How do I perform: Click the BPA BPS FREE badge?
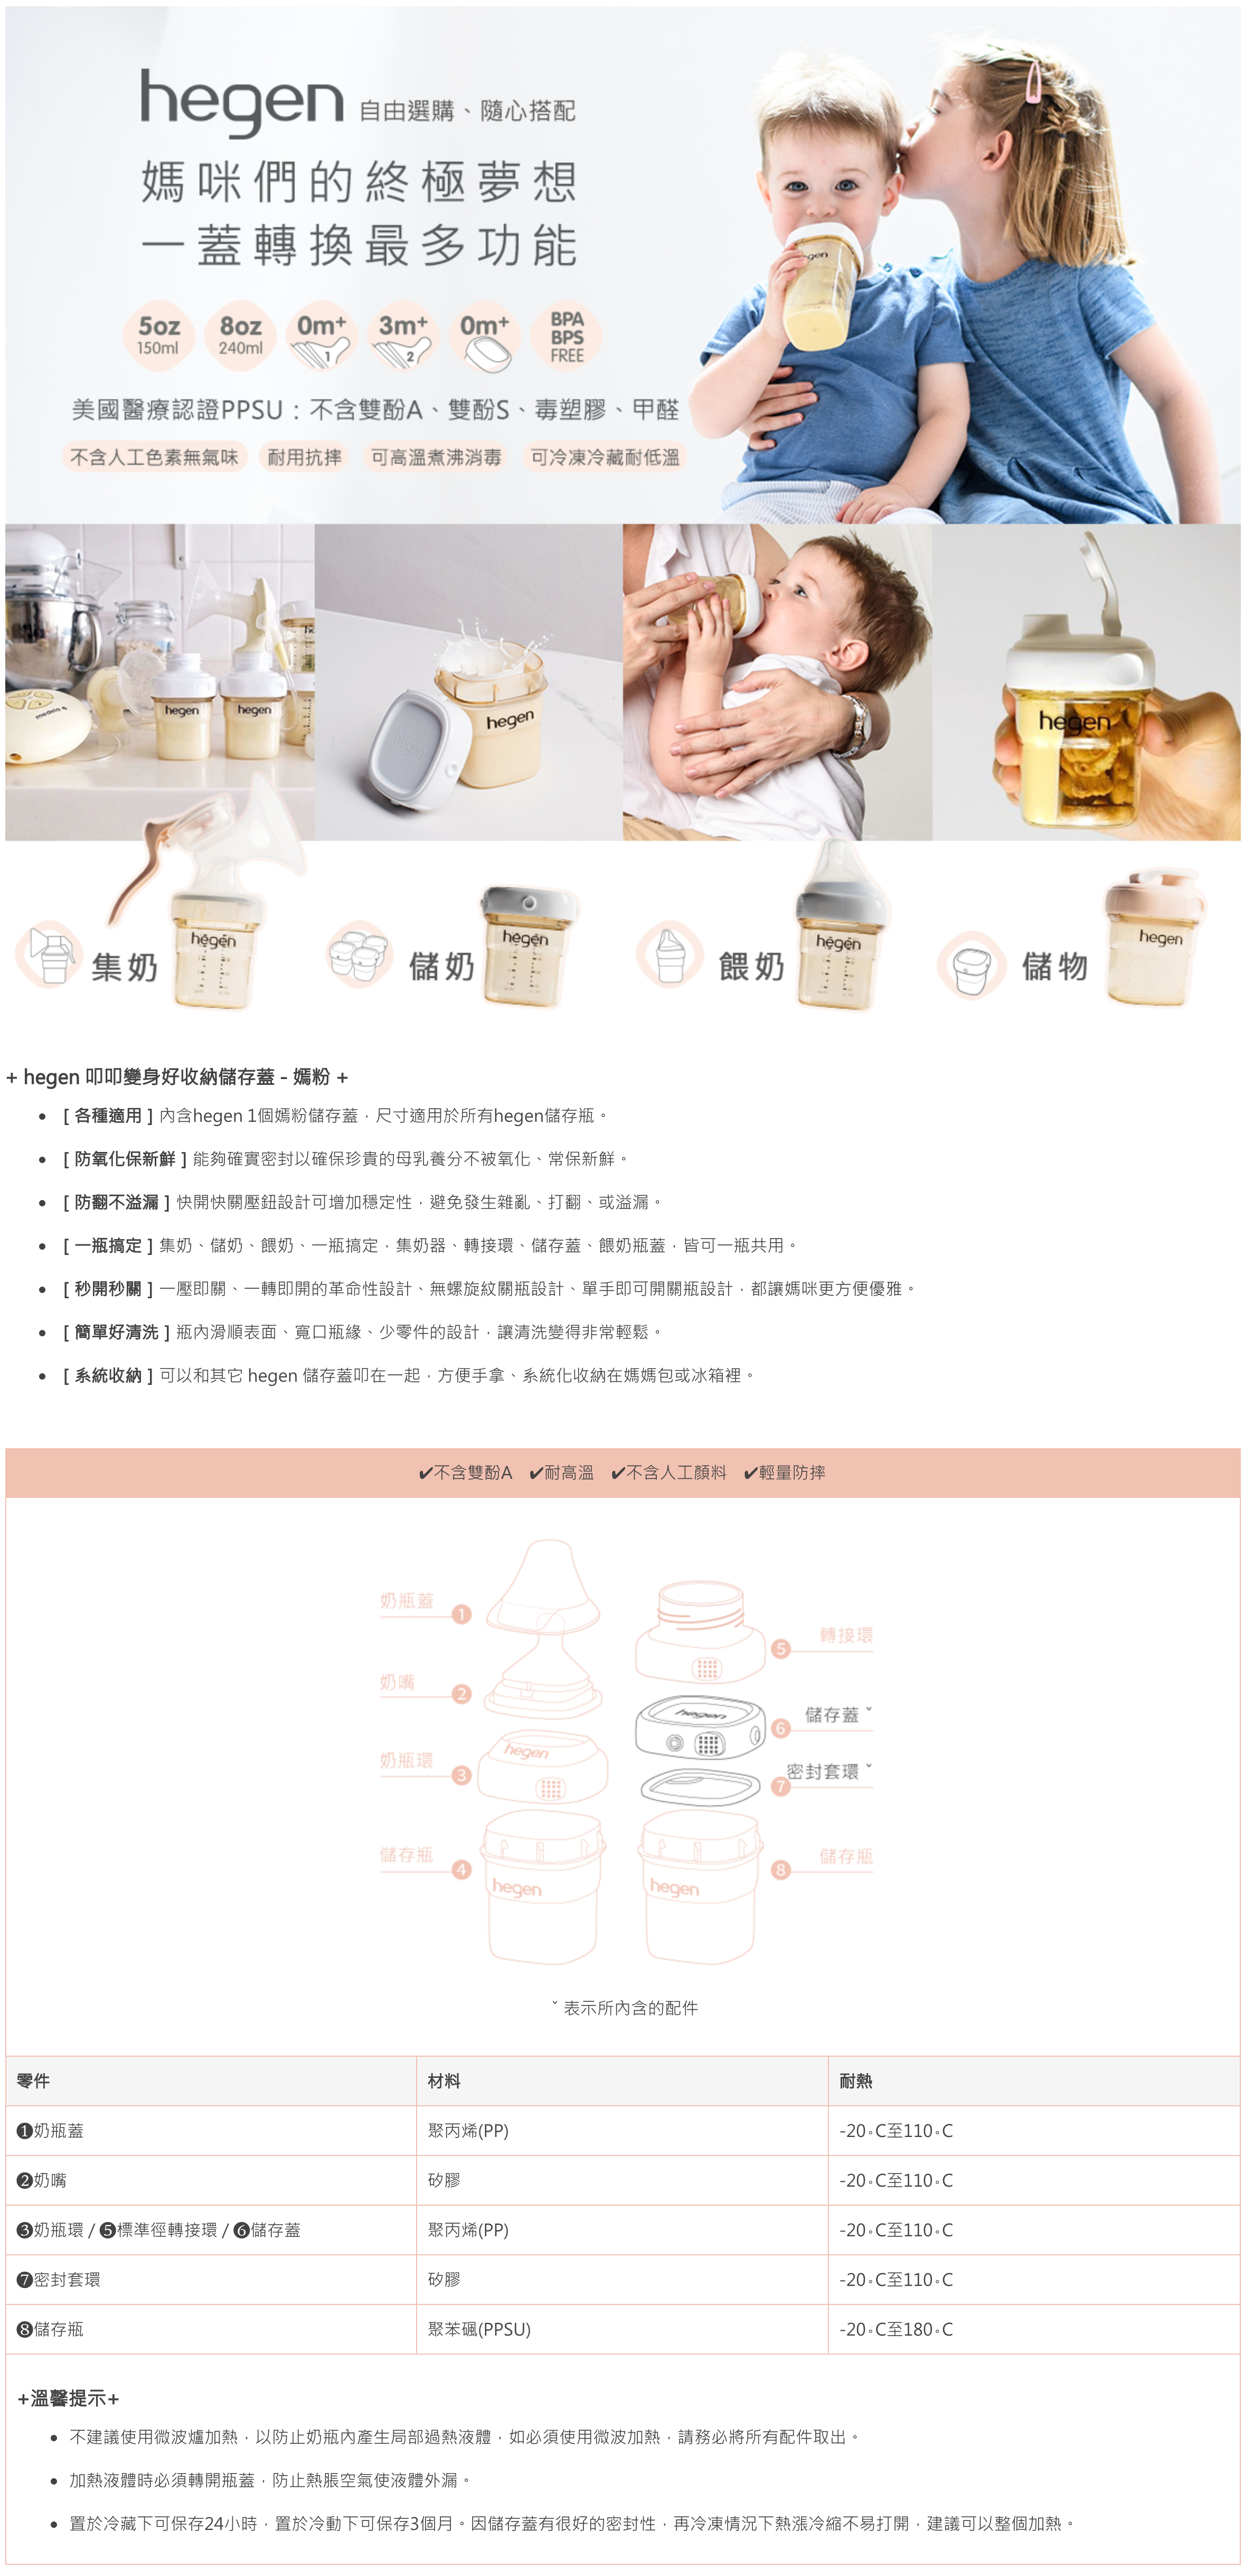[566, 336]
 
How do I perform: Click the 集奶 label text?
[125, 966]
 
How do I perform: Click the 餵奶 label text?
[751, 966]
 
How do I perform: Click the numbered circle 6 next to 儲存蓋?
[780, 1728]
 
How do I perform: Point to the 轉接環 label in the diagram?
[845, 1635]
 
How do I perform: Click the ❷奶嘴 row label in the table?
[42, 2180]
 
